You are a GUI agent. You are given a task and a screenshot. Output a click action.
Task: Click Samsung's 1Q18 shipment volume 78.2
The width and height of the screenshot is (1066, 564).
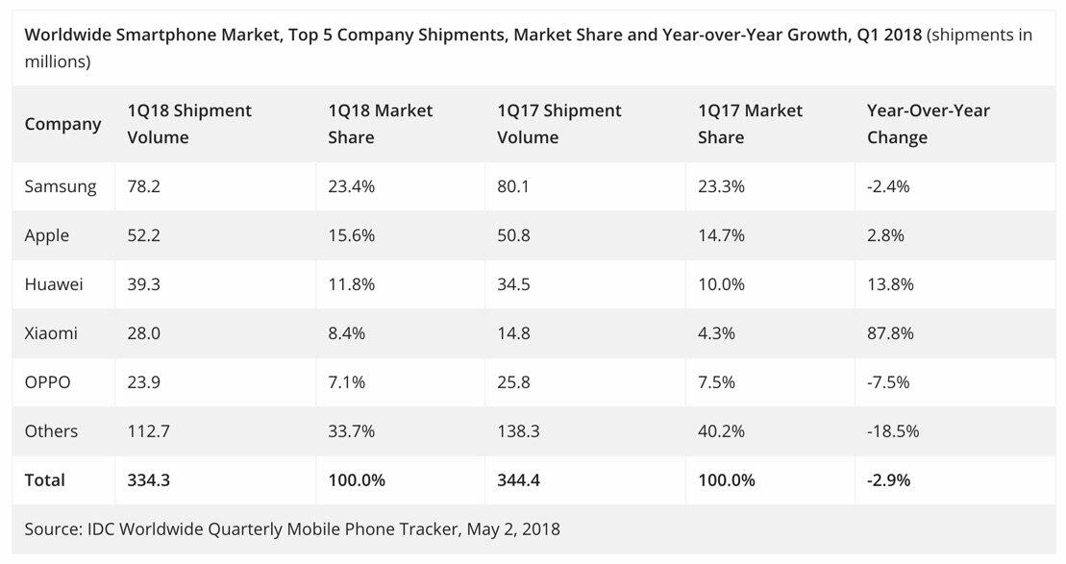143,186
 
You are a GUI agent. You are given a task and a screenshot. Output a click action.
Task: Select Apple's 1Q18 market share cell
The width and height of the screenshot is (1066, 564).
351,235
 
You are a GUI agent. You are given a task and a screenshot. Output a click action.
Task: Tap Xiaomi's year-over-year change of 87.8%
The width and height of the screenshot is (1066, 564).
890,333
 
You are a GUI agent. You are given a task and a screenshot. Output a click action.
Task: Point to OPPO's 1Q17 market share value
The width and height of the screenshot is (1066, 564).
716,382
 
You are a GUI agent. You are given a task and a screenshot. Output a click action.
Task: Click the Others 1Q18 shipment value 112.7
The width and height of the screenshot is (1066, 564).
148,431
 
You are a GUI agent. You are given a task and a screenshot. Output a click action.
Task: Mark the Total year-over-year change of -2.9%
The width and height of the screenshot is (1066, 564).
890,479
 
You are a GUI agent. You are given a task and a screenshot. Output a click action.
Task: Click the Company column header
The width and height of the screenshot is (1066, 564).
62,124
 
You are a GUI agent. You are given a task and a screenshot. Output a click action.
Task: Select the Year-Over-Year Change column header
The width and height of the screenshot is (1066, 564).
928,124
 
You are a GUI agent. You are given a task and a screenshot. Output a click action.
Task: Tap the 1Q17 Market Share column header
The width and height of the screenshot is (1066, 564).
750,124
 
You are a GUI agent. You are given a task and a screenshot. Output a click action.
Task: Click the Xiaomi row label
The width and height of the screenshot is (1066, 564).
51,333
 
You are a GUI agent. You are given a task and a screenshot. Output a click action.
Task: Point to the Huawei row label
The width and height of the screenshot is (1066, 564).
54,284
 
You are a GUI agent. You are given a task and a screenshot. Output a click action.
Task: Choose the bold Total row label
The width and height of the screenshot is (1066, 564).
45,479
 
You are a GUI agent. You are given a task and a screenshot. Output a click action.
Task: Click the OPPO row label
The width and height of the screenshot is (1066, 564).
48,382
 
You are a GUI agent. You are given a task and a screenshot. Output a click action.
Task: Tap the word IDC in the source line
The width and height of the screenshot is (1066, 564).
99,528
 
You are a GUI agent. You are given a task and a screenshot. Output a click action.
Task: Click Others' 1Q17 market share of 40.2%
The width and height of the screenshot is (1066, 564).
721,431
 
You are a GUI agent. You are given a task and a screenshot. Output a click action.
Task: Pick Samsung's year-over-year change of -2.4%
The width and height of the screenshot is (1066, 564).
888,186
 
